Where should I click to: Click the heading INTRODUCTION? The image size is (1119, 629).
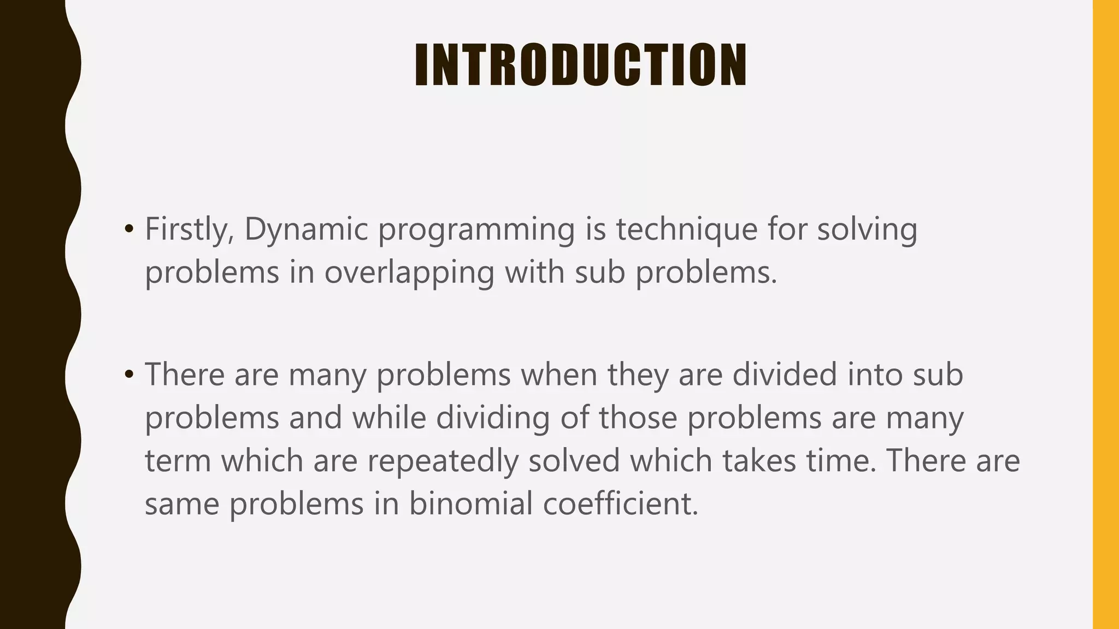[x=580, y=65]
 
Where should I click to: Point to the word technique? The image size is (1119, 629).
[x=687, y=229]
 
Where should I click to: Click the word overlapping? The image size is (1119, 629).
[x=409, y=272]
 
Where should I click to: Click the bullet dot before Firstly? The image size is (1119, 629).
[x=129, y=229]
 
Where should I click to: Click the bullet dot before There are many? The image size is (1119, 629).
[x=129, y=375]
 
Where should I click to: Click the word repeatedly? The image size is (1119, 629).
[x=442, y=461]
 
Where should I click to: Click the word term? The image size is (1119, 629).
[x=178, y=461]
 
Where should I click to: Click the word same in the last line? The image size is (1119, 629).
[x=181, y=504]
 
